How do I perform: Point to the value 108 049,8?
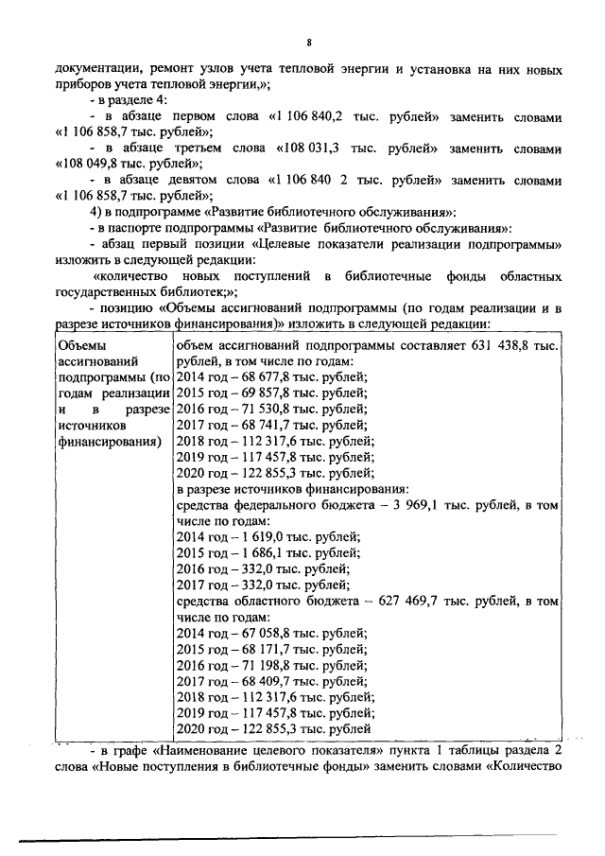(x=97, y=165)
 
